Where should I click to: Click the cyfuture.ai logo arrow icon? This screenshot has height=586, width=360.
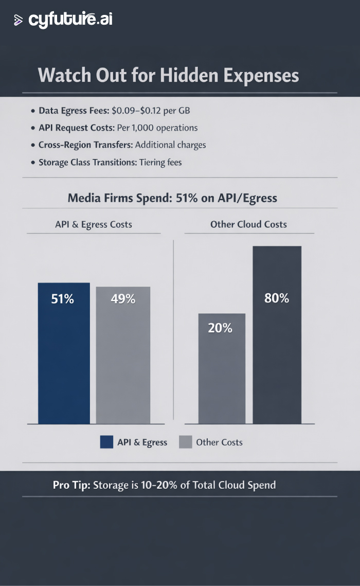tap(19, 21)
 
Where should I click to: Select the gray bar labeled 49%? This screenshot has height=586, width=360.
tap(123, 355)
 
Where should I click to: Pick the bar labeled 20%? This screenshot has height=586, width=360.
tap(222, 368)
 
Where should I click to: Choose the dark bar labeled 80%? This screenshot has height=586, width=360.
tap(277, 335)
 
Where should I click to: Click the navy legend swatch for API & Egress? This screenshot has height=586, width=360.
tap(106, 442)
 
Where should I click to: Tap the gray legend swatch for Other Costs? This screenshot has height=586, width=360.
tap(185, 442)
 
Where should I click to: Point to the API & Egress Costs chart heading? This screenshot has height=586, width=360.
tap(94, 224)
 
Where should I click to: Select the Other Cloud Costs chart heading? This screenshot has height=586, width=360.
tap(248, 224)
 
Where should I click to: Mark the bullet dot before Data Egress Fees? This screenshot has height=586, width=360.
tap(33, 111)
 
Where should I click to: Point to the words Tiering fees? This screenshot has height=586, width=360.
tap(160, 162)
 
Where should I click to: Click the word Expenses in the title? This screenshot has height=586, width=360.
tap(261, 76)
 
